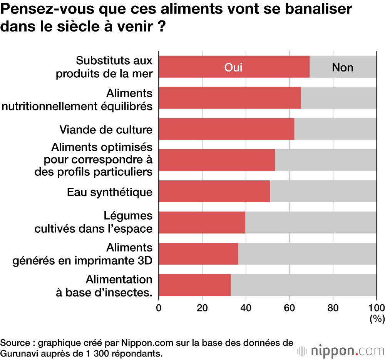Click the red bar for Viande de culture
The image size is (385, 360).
[226, 129]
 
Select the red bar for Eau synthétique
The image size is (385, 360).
[214, 191]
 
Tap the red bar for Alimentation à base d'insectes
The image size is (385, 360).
[194, 285]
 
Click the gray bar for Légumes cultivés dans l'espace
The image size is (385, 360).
[311, 222]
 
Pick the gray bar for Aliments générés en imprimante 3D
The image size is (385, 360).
[307, 253]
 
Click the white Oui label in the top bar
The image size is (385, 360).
[233, 67]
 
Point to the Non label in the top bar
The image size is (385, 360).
[342, 67]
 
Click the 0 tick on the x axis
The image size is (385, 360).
[158, 307]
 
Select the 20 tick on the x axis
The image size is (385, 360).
[202, 307]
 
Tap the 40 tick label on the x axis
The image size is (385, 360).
[246, 307]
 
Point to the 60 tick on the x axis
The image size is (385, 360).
[289, 307]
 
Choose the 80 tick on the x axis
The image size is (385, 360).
[333, 307]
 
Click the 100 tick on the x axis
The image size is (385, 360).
[376, 307]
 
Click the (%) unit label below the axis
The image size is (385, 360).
[376, 318]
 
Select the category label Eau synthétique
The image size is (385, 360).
[110, 192]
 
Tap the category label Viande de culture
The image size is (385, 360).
[106, 130]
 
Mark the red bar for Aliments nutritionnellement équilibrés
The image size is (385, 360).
[229, 98]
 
